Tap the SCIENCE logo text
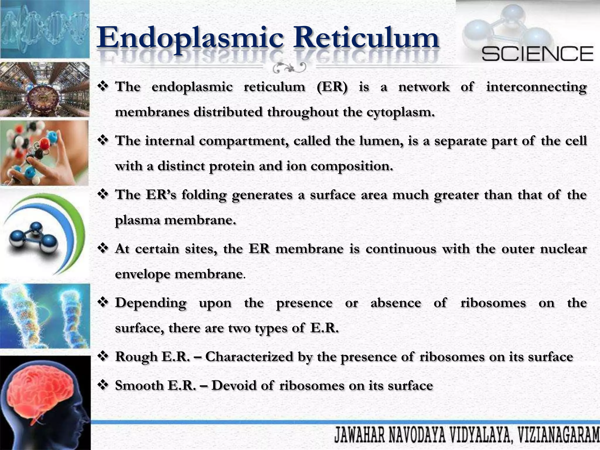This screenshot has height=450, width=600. tap(537, 54)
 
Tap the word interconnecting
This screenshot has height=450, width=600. tap(536, 87)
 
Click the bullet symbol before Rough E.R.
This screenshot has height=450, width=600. tap(103, 357)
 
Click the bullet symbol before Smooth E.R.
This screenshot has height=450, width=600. tap(103, 385)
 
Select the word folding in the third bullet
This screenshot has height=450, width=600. tap(204, 195)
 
